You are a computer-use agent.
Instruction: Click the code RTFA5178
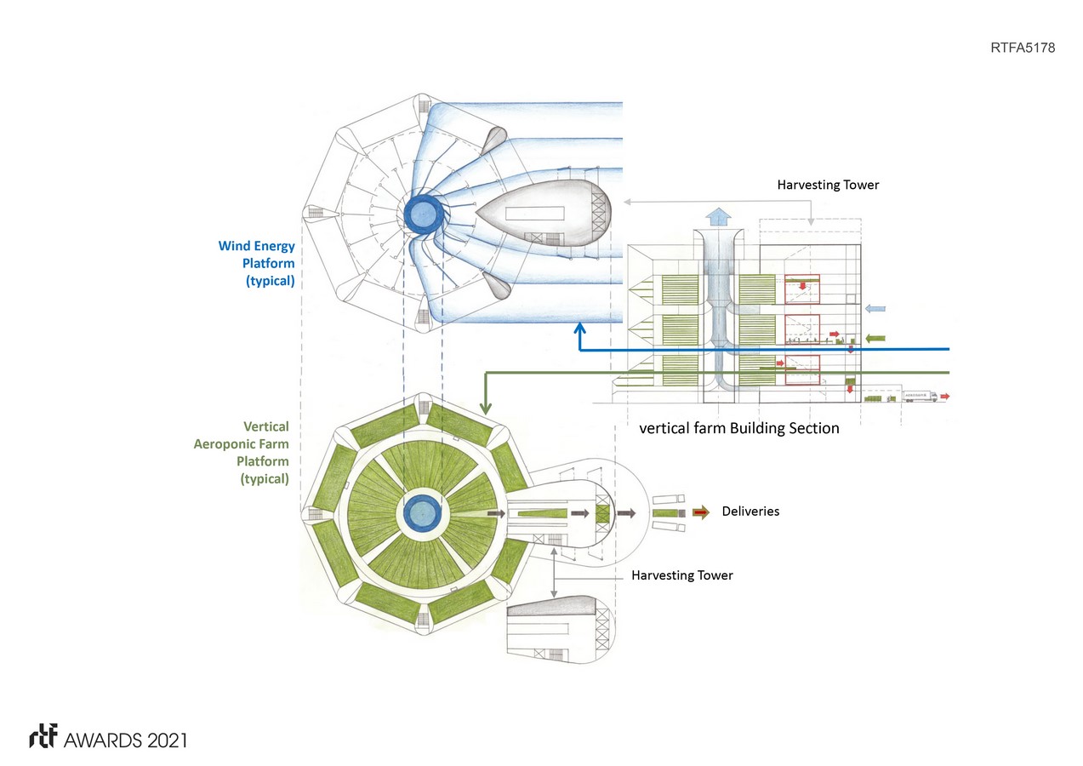(x=1023, y=49)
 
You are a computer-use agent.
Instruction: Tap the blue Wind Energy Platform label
(x=257, y=264)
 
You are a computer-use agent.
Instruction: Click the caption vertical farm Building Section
(x=738, y=429)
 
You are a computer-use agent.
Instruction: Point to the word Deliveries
(x=750, y=512)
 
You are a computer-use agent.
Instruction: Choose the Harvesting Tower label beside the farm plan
(x=681, y=575)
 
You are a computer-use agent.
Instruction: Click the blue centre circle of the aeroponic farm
(x=421, y=513)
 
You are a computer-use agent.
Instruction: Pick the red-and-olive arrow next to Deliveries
(x=700, y=512)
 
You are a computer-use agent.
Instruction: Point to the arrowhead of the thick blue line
(x=579, y=328)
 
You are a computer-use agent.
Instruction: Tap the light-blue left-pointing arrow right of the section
(x=875, y=309)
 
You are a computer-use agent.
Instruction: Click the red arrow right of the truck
(x=945, y=396)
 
